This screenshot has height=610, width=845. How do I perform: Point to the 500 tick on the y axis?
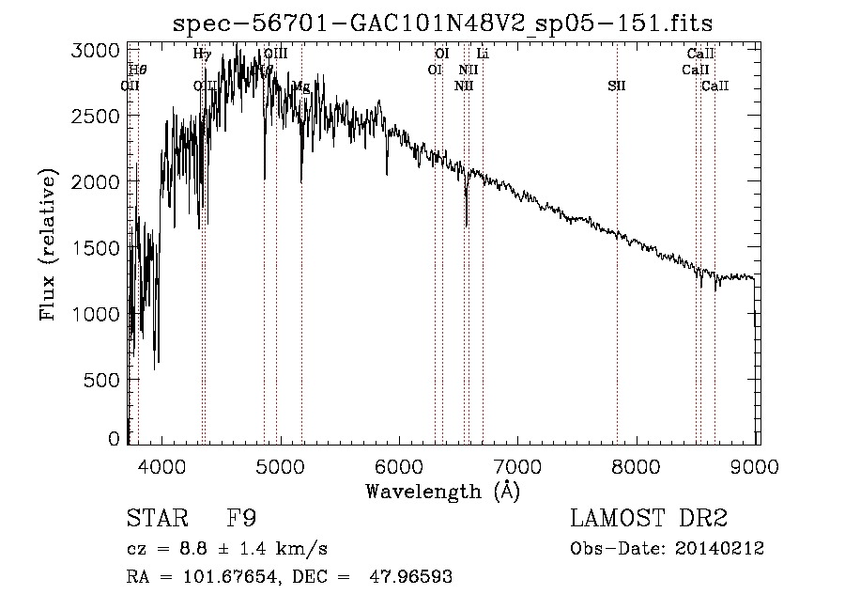click(101, 380)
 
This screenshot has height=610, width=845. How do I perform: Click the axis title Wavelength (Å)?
click(442, 491)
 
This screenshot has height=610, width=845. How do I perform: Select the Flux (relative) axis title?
click(48, 244)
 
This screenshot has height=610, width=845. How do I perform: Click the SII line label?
click(616, 86)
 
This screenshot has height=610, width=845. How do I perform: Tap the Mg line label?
click(301, 86)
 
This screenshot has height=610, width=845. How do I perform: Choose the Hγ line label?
click(202, 55)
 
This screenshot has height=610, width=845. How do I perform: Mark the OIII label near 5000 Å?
click(275, 55)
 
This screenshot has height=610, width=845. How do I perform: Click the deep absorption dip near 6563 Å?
click(467, 222)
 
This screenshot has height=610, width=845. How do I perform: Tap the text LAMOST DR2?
click(649, 519)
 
